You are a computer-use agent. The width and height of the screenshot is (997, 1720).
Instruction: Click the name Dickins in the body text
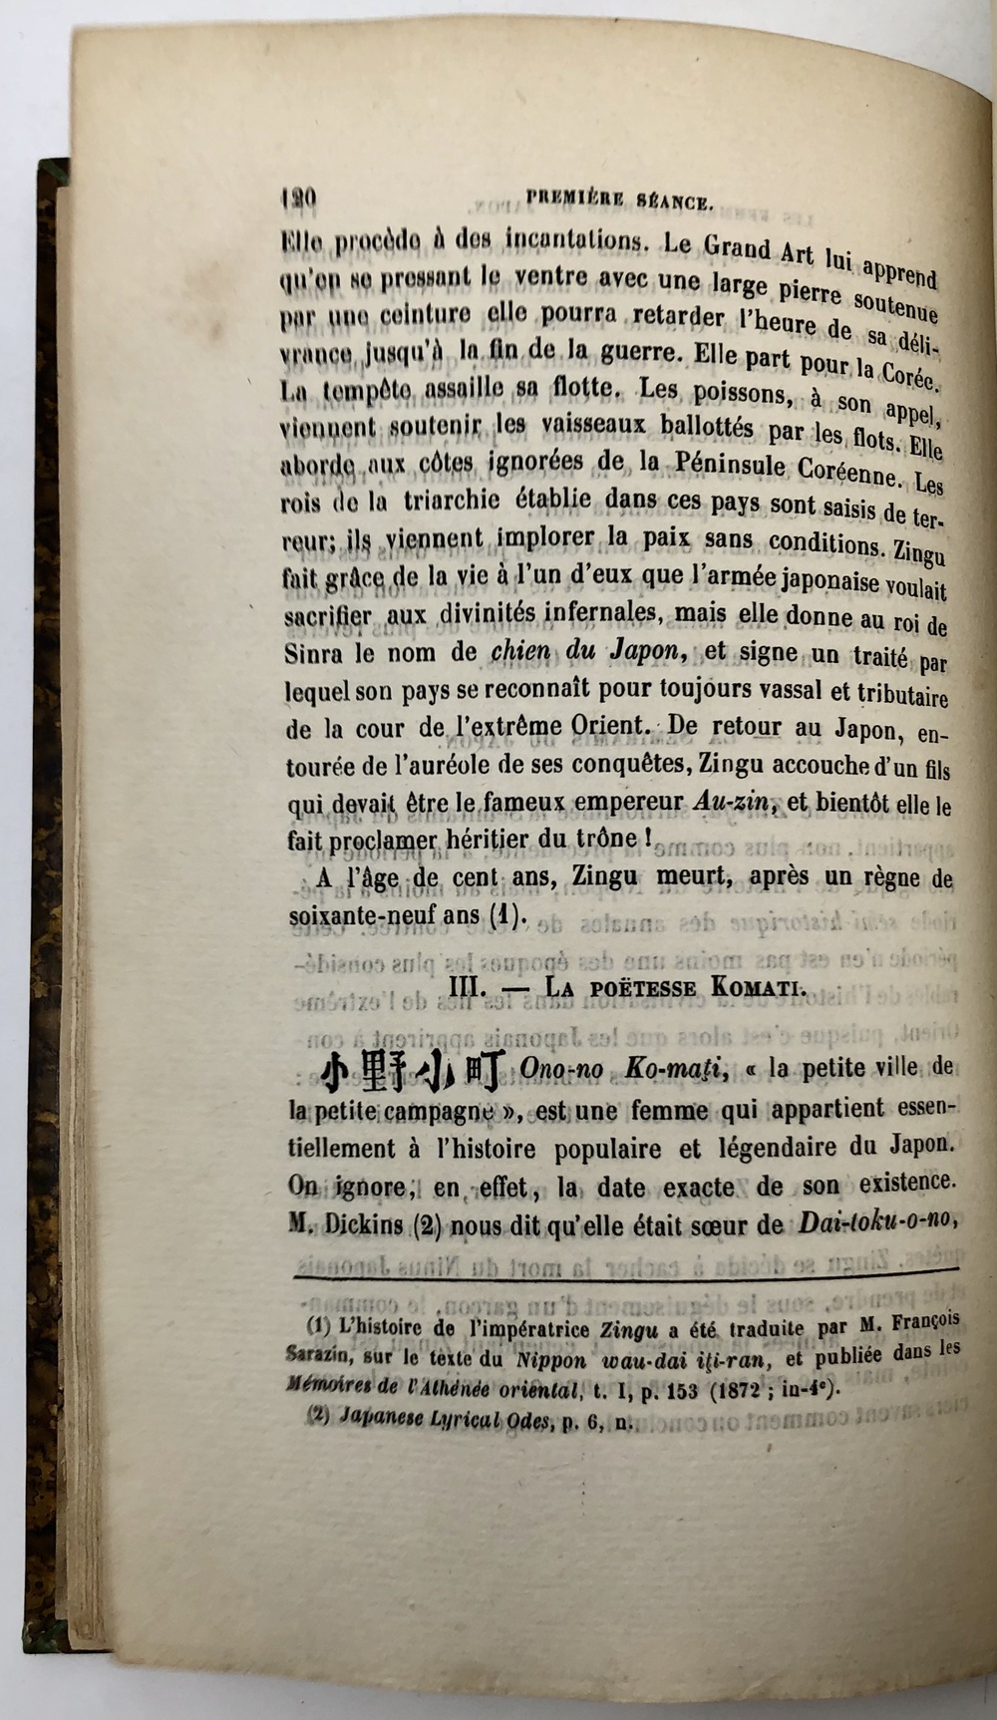coord(359,1225)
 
